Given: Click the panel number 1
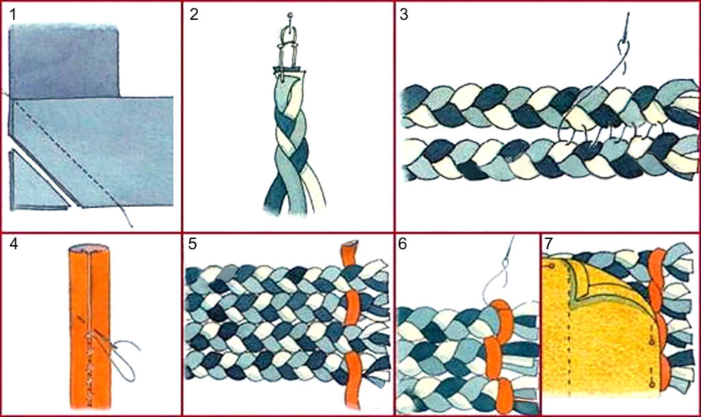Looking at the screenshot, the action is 12,15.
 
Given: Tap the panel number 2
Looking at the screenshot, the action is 194,15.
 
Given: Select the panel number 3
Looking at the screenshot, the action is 404,15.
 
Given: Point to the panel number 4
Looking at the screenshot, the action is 14,244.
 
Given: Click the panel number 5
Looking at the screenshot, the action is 192,244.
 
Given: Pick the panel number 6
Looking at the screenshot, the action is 403,244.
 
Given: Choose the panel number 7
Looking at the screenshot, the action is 549,244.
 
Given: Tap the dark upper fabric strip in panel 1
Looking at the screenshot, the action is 64,61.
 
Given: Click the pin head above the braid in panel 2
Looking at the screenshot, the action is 290,16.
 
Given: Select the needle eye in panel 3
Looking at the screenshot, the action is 623,46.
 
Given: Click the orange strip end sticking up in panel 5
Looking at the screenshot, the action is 350,254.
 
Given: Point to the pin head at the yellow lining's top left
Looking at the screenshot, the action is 552,266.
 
